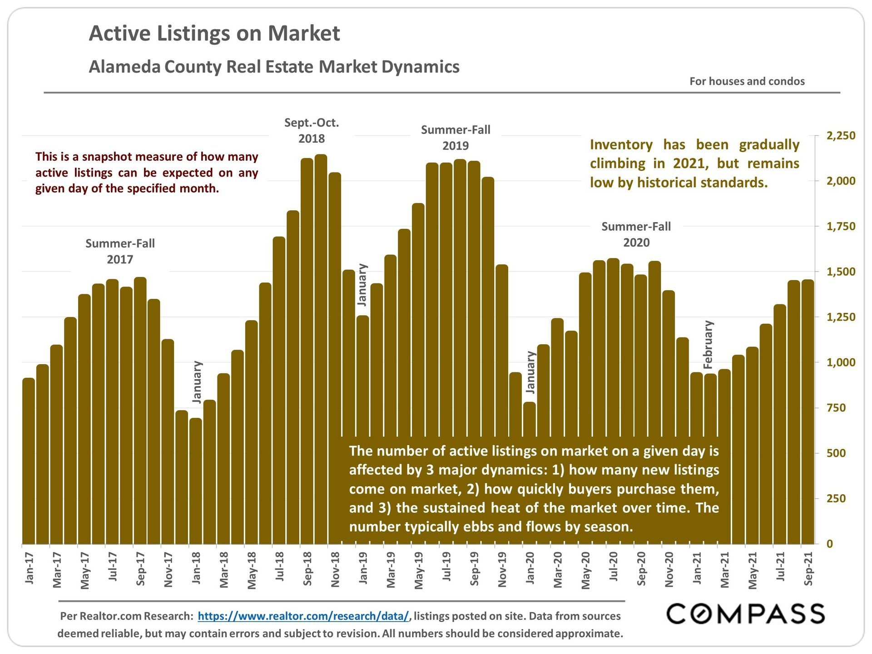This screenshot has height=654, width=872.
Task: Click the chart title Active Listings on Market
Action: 214,34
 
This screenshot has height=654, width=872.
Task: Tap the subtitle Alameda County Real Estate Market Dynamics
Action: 274,67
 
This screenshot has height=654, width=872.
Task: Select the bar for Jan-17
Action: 29,461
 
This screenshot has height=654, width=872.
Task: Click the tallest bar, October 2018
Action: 321,350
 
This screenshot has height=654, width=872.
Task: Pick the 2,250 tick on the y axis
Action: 841,136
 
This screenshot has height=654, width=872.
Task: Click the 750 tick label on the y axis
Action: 836,408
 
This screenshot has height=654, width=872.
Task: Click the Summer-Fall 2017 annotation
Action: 120,251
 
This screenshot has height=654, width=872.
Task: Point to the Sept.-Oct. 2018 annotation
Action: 312,130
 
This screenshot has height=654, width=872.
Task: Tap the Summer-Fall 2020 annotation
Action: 636,234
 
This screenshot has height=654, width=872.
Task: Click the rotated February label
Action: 708,345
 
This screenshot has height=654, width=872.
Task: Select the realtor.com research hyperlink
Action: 303,616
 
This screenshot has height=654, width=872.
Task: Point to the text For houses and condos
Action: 747,81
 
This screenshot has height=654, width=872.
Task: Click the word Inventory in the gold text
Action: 621,145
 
